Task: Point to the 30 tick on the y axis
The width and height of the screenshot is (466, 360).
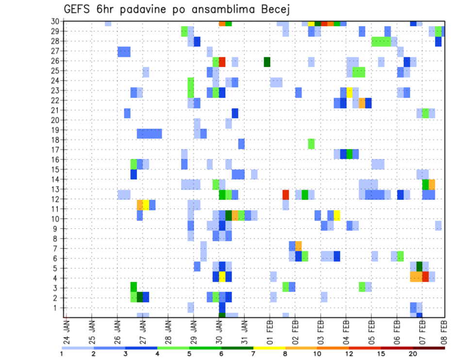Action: click(x=56, y=21)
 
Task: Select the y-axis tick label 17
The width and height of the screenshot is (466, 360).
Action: click(x=56, y=149)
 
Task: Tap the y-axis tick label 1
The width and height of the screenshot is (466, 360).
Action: click(x=58, y=308)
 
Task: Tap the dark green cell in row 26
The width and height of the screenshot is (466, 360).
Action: click(x=267, y=62)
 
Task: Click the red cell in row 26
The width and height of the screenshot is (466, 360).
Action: click(x=222, y=62)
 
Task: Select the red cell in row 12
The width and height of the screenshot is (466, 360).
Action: click(x=286, y=195)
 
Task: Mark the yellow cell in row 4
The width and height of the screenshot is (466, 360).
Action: click(x=222, y=277)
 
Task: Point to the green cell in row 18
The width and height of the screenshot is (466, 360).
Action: click(x=311, y=144)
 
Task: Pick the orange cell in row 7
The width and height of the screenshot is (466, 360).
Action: click(x=299, y=246)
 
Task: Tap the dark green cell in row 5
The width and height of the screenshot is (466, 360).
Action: click(x=419, y=266)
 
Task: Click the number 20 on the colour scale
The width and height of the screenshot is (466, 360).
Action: click(x=413, y=353)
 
